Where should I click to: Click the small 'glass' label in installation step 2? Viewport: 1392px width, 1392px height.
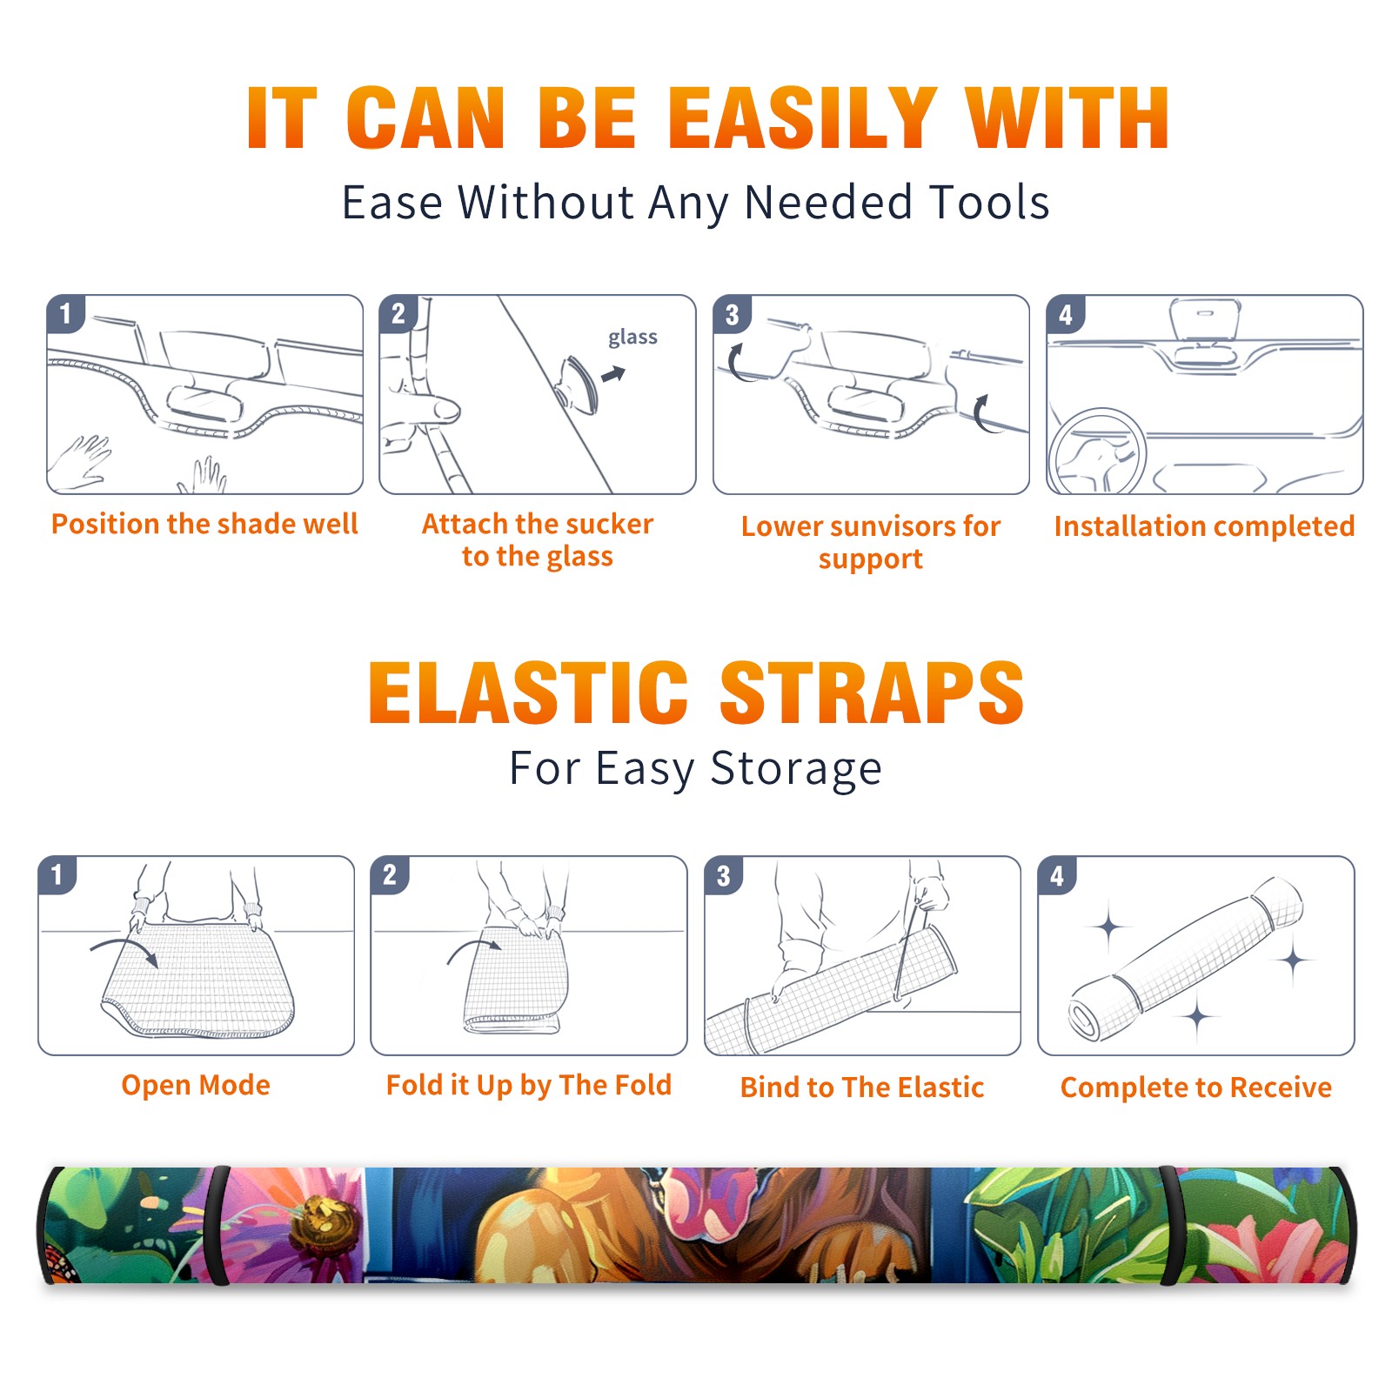[632, 338]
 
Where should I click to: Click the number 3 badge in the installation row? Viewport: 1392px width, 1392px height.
[732, 315]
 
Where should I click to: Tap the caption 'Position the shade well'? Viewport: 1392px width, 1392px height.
[204, 524]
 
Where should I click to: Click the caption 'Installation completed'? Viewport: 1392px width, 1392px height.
[1204, 525]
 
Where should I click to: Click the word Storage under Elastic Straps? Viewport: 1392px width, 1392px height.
[796, 769]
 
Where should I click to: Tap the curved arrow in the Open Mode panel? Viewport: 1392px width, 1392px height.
[124, 950]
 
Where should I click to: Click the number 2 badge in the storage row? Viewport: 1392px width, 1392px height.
[390, 875]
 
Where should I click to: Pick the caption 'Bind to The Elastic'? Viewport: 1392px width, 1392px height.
[862, 1087]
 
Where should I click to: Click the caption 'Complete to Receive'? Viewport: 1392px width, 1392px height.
[1196, 1087]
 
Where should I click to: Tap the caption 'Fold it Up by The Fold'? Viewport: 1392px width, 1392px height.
[529, 1085]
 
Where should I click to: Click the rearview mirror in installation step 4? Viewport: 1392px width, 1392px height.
[1205, 319]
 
